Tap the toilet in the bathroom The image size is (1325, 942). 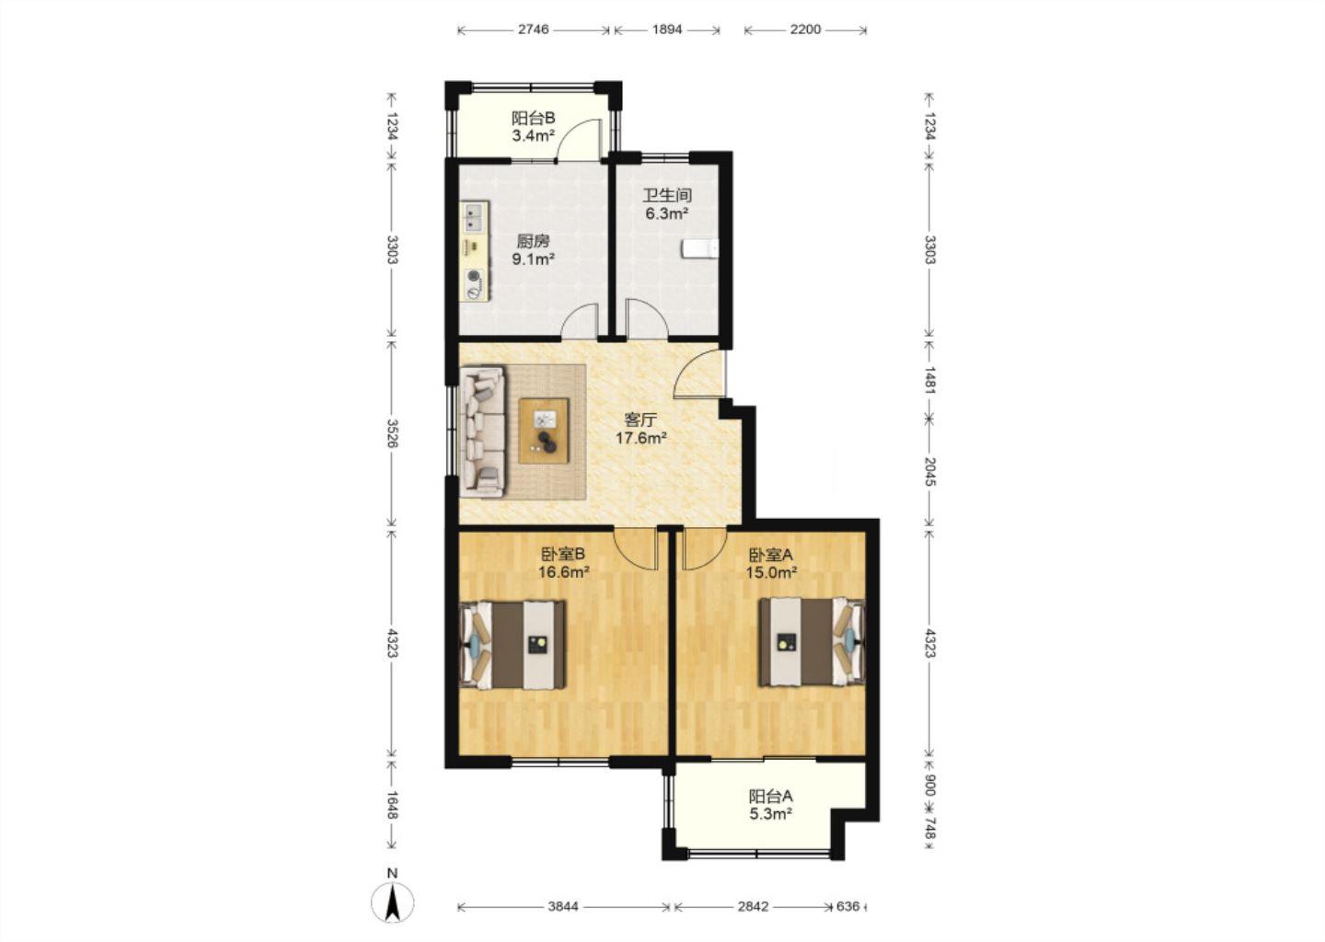pos(699,249)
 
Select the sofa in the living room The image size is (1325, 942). pos(483,431)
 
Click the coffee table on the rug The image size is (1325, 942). pos(544,431)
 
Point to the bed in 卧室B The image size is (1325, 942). pos(513,645)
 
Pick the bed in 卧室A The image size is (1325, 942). pos(812,642)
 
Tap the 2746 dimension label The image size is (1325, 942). pos(534,29)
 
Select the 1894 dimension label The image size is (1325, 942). pos(667,29)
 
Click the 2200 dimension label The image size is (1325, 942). pos(805,29)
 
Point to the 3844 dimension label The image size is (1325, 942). pos(563,906)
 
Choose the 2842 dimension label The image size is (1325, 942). pos(753,906)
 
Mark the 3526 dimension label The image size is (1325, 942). pos(392,433)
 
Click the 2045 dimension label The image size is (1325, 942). pos(929,471)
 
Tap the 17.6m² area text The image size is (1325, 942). pos(641,438)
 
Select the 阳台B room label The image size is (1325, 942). pos(534,118)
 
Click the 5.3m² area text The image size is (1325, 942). pos(771,814)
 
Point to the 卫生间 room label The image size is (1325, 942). pos(667,195)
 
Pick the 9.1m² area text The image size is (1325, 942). pos(534,259)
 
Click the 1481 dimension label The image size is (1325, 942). pos(929,381)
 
